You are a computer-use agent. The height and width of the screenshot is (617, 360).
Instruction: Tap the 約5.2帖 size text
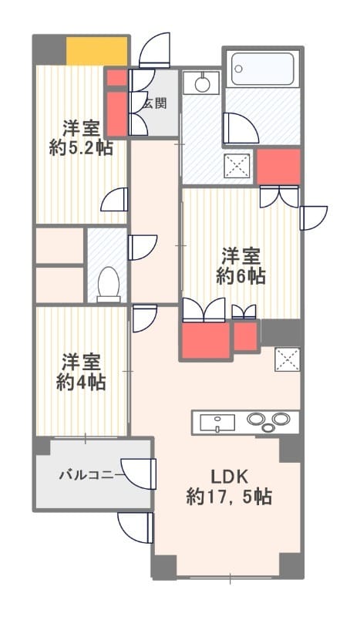point(81,148)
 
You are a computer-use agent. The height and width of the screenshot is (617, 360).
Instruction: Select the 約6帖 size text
point(241,276)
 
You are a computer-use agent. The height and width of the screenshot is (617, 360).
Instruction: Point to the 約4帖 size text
point(81,382)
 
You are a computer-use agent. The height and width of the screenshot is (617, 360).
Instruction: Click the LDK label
point(229,475)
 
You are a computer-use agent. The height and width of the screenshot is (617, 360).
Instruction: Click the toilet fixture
point(109,284)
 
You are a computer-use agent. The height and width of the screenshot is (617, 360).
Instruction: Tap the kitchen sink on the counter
point(218,422)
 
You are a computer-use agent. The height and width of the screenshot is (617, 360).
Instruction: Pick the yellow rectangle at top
point(96,51)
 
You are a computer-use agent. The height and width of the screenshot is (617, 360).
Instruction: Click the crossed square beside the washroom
point(236,167)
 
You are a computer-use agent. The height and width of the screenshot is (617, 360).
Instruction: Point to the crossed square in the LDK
point(287,359)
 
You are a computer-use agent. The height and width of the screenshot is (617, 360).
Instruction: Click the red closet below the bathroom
point(278,167)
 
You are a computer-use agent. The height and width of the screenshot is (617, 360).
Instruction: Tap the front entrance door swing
point(156,51)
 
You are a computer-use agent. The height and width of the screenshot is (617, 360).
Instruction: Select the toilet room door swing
point(143,248)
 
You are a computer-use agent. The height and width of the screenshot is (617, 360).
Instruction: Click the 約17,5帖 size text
point(229,497)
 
